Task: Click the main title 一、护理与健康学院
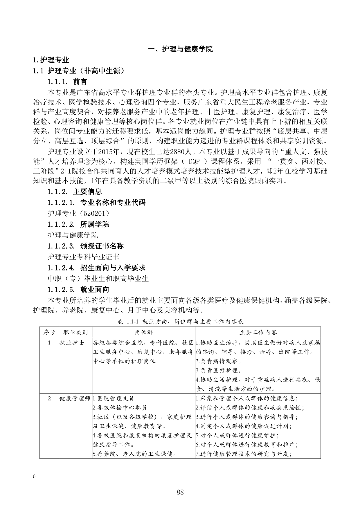pos(180,49)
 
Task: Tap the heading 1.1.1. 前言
pos(67,82)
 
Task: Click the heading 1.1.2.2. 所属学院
pos(78,224)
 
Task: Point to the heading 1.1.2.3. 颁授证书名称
pos(86,246)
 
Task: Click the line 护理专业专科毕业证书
pos(84,257)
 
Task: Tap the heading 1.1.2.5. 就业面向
pos(78,289)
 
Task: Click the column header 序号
pos(49,332)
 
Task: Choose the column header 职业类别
pos(75,332)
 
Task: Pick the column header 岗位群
pos(143,332)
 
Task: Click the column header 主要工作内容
pos(258,332)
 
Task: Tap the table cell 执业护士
pos(72,343)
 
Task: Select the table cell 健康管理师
pos(75,398)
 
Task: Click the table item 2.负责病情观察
pos(218,361)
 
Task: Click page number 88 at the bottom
pos(180,492)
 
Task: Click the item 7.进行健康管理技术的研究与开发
pos(243,454)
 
